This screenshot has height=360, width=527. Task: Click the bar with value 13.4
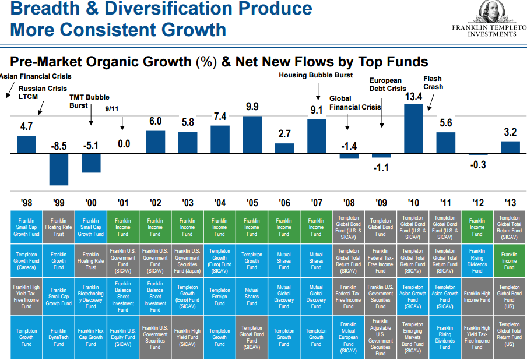click(x=413, y=129)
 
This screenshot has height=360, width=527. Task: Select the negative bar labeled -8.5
click(x=59, y=169)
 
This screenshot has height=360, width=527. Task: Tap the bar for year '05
click(x=252, y=135)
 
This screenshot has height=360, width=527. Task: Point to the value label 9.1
click(x=317, y=110)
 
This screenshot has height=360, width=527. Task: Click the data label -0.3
click(x=477, y=165)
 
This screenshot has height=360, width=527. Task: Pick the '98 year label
click(x=26, y=203)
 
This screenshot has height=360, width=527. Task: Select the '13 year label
click(x=510, y=203)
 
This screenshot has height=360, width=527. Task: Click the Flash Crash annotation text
click(x=433, y=83)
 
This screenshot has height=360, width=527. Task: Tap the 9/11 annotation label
click(x=112, y=109)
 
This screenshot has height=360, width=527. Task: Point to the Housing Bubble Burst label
click(x=315, y=75)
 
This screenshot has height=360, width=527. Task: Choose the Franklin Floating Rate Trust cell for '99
click(x=59, y=227)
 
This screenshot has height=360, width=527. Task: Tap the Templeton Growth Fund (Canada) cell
click(x=26, y=261)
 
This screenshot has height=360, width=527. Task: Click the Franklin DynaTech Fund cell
click(x=59, y=337)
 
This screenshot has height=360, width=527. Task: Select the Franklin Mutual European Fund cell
click(x=348, y=337)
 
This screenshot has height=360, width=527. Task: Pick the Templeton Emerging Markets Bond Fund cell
click(x=413, y=337)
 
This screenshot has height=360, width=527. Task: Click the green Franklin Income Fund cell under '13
click(x=510, y=261)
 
